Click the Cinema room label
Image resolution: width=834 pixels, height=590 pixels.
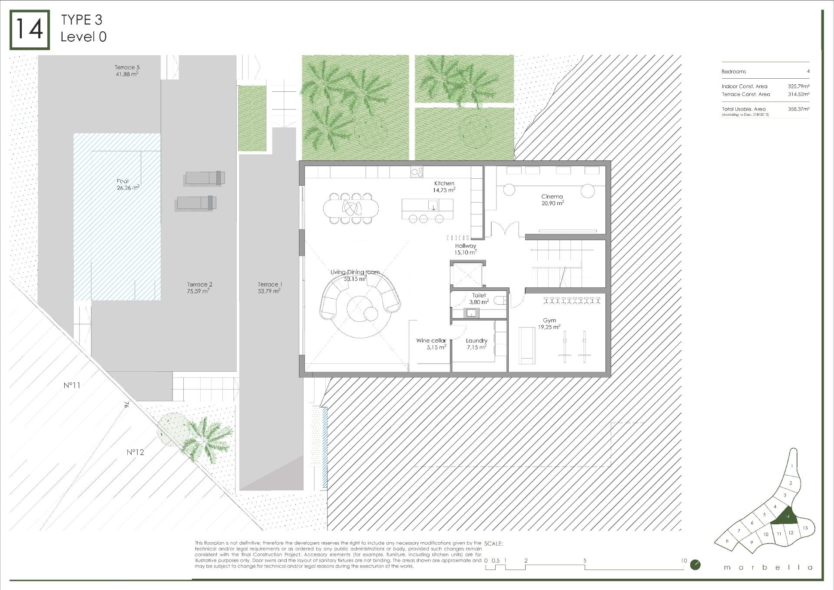tap(552, 197)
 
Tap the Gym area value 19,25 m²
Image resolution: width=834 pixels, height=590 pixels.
tap(549, 327)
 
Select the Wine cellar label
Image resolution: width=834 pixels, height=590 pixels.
tap(431, 340)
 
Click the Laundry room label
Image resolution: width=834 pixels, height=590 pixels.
tap(477, 340)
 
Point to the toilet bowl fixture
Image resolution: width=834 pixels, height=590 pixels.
tap(502, 300)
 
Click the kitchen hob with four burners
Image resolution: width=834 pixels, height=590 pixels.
tap(417, 172)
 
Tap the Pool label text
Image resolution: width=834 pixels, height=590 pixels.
tap(122, 181)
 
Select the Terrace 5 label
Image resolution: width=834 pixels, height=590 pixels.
tap(127, 67)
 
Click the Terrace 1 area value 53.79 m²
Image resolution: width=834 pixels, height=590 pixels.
tap(269, 291)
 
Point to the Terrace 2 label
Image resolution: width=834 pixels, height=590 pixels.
tap(199, 284)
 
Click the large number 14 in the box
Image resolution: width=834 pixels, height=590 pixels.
tap(30, 30)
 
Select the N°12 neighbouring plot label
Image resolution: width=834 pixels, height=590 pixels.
tap(135, 452)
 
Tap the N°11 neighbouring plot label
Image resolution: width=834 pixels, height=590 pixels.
tap(72, 385)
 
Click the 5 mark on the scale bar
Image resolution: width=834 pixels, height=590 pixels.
tap(585, 561)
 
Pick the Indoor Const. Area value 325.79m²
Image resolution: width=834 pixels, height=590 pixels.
tap(798, 87)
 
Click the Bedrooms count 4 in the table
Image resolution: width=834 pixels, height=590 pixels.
tap(808, 71)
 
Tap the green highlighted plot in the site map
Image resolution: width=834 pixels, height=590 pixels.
tap(787, 516)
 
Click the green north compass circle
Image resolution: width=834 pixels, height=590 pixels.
tap(695, 565)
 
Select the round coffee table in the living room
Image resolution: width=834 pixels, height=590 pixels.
tap(360, 309)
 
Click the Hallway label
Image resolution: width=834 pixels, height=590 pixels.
tap(466, 246)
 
